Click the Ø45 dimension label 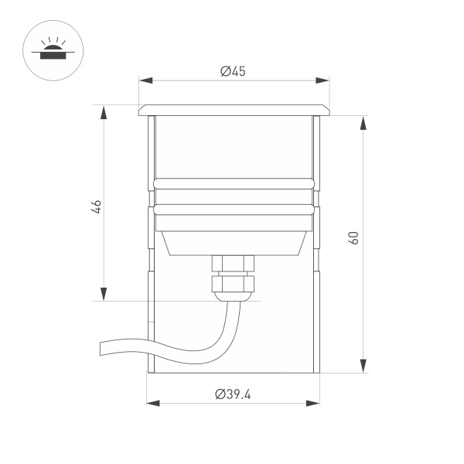[233, 72]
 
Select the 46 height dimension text [96, 206]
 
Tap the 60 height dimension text [353, 237]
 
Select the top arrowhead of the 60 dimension [363, 121]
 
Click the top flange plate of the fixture [234, 110]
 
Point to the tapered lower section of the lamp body [234, 243]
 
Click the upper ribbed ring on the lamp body [234, 184]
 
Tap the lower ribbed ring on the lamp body [234, 210]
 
